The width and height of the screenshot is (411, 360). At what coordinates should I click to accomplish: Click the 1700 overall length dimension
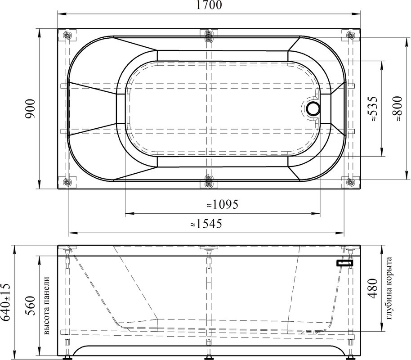(209, 5)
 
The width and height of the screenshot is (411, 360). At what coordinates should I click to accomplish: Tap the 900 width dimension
(30, 108)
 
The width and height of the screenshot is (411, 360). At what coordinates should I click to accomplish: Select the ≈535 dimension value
(372, 108)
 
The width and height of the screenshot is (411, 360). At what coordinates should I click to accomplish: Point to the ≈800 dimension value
(397, 108)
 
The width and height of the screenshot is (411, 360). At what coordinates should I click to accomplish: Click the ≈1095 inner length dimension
(222, 204)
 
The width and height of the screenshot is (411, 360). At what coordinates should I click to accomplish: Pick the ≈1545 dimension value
(206, 224)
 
